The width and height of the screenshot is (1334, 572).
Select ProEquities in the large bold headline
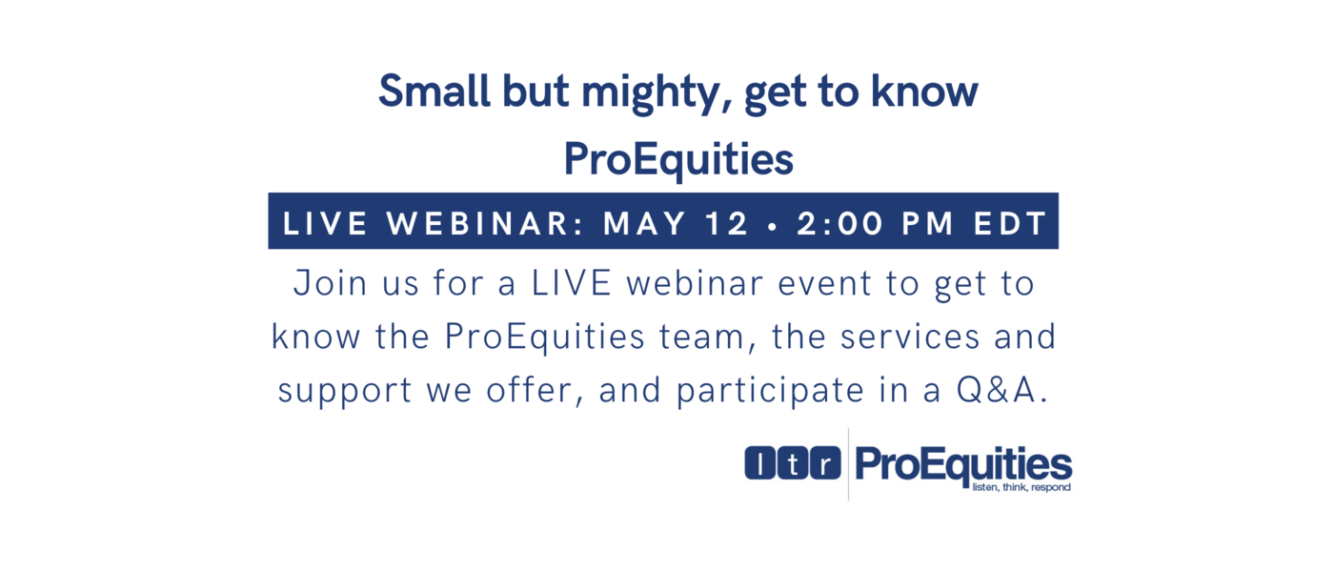678,159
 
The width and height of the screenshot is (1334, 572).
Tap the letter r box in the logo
826,463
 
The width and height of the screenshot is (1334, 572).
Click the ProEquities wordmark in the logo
963,464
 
